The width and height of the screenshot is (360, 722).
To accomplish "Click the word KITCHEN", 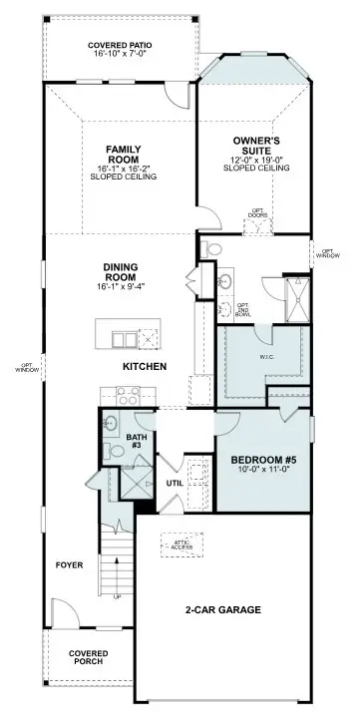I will click(144, 367).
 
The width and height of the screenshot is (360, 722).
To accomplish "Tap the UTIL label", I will click(175, 482).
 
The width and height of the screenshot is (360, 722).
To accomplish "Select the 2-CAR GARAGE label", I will click(222, 609).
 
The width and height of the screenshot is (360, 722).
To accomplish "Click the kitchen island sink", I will click(127, 339).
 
